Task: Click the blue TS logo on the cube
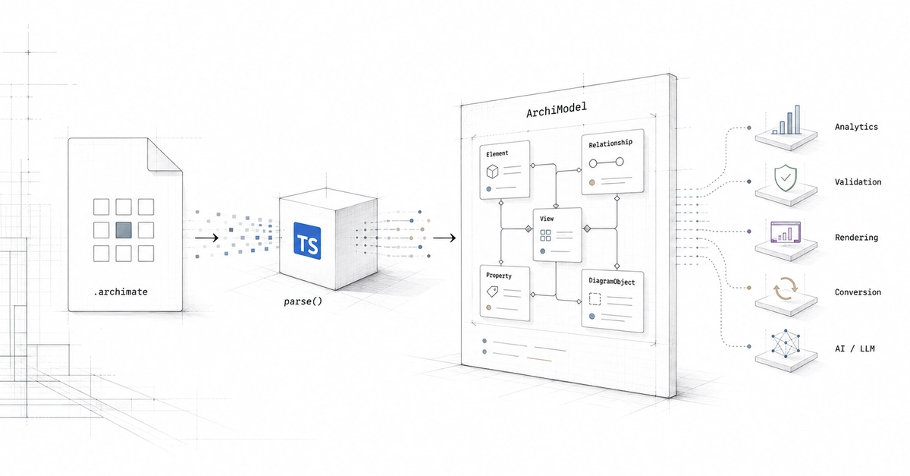pos(307,241)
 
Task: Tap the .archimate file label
pos(121,292)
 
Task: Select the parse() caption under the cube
pos(303,301)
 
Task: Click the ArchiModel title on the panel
pos(557,109)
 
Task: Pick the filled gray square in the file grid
pos(124,230)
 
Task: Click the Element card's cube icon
pos(492,172)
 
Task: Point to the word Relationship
pos(610,143)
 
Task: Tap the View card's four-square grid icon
pos(545,235)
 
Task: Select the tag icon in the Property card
pos(492,292)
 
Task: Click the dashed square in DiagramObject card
pos(595,299)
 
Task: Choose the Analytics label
pos(856,127)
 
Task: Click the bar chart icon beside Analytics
pos(786,120)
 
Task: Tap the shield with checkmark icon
pos(786,178)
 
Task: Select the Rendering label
pos(856,238)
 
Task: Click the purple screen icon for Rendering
pos(786,232)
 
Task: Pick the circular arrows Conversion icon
pos(786,289)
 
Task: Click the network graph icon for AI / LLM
pos(786,344)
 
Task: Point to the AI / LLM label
pos(855,348)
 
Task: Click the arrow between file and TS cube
pos(207,238)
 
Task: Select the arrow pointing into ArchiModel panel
pos(444,238)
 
